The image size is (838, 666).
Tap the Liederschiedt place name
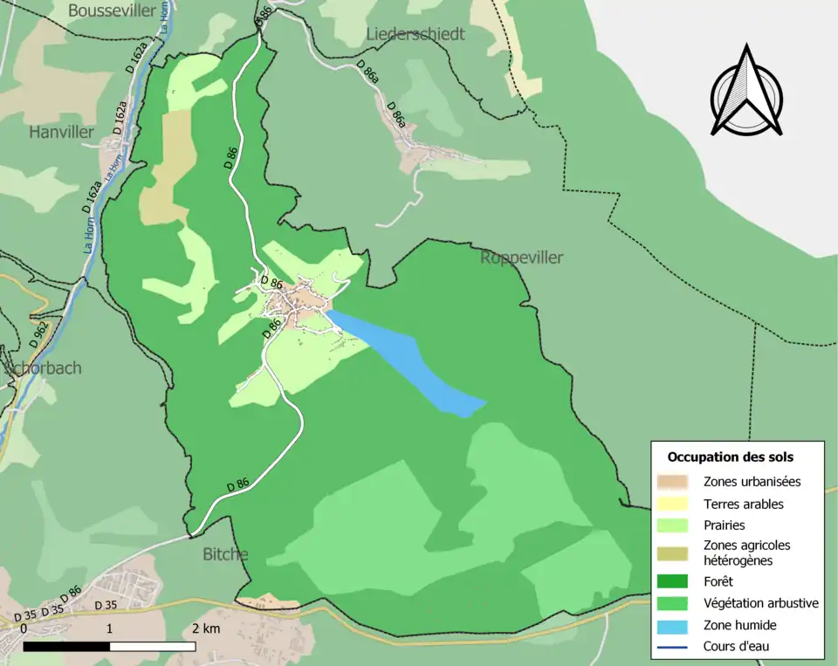click(x=416, y=34)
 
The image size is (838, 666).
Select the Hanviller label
click(x=61, y=133)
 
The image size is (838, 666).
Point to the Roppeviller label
click(x=521, y=257)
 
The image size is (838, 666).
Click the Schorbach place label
click(x=44, y=367)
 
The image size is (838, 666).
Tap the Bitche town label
click(x=225, y=554)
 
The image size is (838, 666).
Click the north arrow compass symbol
click(x=745, y=92)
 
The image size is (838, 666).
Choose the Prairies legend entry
click(x=725, y=525)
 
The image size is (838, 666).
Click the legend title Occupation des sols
click(x=730, y=457)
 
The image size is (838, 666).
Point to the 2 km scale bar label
click(x=206, y=628)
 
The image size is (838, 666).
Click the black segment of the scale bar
click(x=66, y=647)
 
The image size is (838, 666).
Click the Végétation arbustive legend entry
click(x=760, y=603)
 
